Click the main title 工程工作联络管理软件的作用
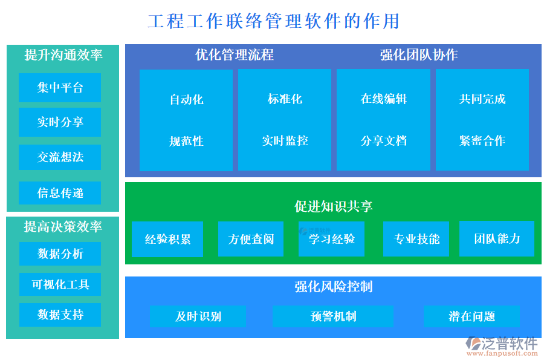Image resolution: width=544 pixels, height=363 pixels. [x=273, y=21]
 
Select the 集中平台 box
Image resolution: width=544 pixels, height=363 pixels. [x=60, y=88]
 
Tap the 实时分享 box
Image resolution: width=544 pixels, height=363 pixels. [x=60, y=122]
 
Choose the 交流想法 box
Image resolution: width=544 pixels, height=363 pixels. [x=60, y=157]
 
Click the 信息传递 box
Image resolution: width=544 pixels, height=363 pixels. [x=60, y=193]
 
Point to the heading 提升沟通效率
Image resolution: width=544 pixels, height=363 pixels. [x=63, y=55]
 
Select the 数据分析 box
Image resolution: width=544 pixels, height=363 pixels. [x=60, y=254]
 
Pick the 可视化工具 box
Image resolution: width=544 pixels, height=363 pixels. [x=60, y=284]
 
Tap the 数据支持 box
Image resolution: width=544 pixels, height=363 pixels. [x=60, y=315]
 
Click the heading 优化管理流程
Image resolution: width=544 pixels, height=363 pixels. [x=235, y=55]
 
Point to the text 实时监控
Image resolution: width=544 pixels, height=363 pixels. [x=285, y=141]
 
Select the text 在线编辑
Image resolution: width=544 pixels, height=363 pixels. [x=383, y=99]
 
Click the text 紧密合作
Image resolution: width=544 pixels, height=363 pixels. [x=482, y=141]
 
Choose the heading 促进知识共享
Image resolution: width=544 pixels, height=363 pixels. [x=333, y=206]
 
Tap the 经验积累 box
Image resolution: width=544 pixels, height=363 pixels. [x=167, y=239]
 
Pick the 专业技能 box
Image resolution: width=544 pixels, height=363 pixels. [x=416, y=239]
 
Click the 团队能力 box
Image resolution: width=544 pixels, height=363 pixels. [x=497, y=238]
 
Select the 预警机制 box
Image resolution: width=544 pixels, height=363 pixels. [x=333, y=316]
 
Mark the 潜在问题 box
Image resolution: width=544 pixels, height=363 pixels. [x=471, y=316]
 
